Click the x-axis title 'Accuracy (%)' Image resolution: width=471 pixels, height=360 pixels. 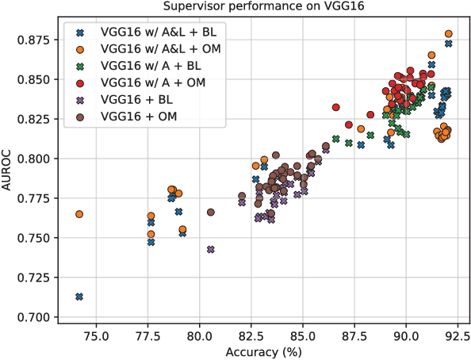pyautogui.click(x=262, y=351)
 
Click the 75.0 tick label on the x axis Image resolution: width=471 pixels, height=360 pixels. pyautogui.click(x=96, y=335)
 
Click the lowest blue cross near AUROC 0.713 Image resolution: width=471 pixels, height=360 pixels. pyautogui.click(x=79, y=297)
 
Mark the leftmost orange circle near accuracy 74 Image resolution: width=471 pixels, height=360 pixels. pyautogui.click(x=79, y=214)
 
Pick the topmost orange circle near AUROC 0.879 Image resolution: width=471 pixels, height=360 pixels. pyautogui.click(x=449, y=34)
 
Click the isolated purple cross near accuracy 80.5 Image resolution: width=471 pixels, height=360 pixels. pyautogui.click(x=211, y=249)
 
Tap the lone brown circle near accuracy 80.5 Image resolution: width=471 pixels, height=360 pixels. pyautogui.click(x=211, y=212)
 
